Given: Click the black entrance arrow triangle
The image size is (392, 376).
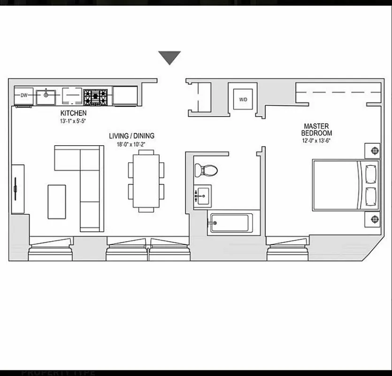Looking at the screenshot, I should [x=169, y=57].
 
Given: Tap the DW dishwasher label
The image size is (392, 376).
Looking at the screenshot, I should [x=23, y=95].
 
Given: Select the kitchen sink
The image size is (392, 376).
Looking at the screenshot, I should [x=46, y=96].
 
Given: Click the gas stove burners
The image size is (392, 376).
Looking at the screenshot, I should [x=96, y=97].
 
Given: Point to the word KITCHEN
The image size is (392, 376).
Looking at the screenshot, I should [x=73, y=113].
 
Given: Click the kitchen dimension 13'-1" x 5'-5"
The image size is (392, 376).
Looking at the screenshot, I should [x=73, y=121].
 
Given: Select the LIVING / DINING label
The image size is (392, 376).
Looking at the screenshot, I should [x=131, y=136].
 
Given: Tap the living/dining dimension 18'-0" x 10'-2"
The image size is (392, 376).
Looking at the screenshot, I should [x=131, y=144].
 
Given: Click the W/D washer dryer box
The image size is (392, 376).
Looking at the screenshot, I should [x=243, y=99].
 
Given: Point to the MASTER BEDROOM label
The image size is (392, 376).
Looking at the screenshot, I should [x=313, y=129].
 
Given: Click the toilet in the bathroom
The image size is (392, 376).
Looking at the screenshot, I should [x=205, y=170].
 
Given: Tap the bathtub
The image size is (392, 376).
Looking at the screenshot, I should [x=231, y=223].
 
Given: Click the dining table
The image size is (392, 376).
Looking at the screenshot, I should [x=146, y=181].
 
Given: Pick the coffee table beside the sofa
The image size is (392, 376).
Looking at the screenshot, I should [x=57, y=201].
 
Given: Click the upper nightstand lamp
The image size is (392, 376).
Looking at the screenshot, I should [x=374, y=150].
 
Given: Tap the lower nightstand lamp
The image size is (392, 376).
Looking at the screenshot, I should [x=374, y=219].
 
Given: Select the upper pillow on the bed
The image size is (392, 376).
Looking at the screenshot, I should [x=371, y=174].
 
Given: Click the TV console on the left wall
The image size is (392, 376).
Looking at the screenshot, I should [x=18, y=188].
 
